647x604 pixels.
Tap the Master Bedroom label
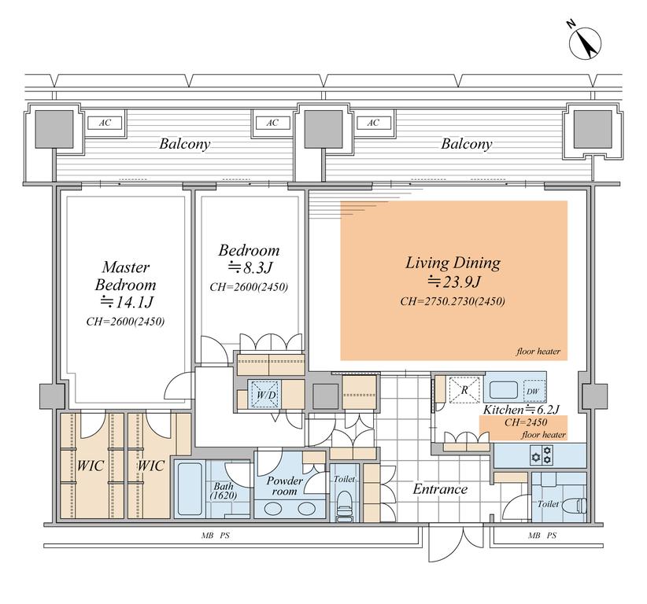[125, 276]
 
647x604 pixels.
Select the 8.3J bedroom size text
[250, 268]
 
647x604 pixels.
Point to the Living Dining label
[453, 263]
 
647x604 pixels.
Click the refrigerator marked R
[464, 389]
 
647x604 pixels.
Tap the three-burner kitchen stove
[542, 455]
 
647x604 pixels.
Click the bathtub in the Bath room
[190, 489]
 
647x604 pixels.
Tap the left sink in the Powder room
[273, 508]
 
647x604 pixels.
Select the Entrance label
[440, 489]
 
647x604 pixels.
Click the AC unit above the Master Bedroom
[105, 123]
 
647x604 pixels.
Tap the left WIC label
[91, 466]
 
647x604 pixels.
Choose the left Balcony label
[184, 143]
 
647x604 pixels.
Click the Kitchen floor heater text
[543, 435]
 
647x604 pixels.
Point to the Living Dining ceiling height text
[453, 301]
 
